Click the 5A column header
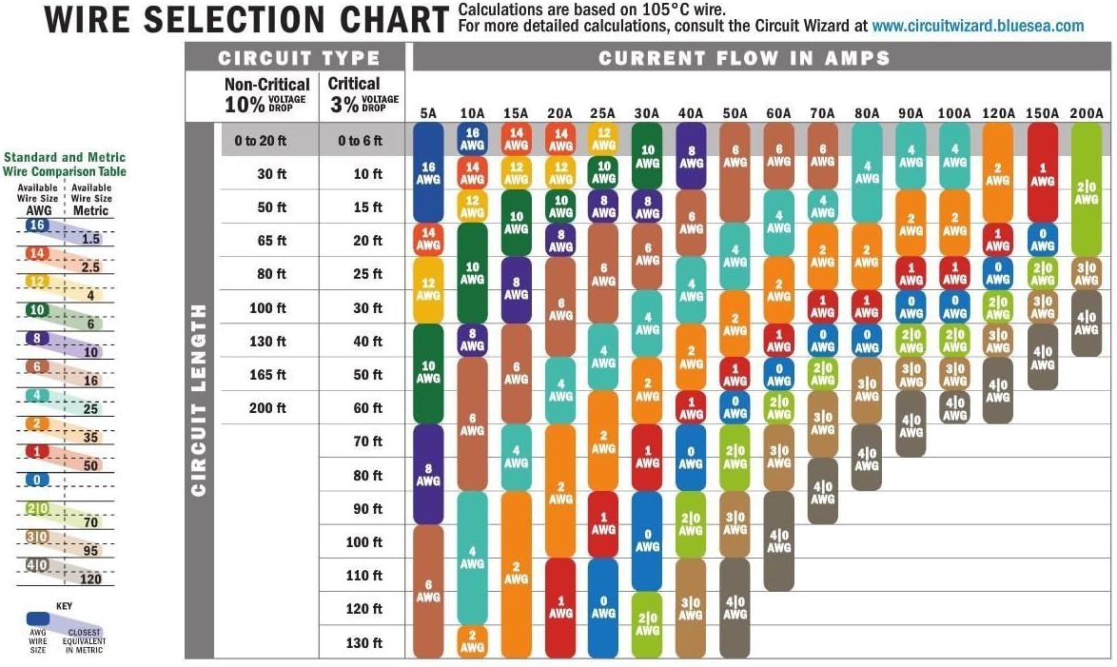[x=428, y=113]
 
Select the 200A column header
[x=1086, y=113]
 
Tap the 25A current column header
[x=603, y=113]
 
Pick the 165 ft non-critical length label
[x=267, y=375]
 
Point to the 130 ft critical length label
[x=363, y=643]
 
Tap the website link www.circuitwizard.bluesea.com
[x=977, y=26]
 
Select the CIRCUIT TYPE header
[x=298, y=58]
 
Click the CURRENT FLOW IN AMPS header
[x=744, y=58]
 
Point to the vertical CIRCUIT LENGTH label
[x=199, y=400]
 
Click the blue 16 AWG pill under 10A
[x=472, y=139]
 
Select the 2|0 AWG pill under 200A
[x=1086, y=189]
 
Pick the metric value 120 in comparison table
[x=91, y=579]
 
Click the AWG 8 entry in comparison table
[x=36, y=337]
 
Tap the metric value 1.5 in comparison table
[x=91, y=239]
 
